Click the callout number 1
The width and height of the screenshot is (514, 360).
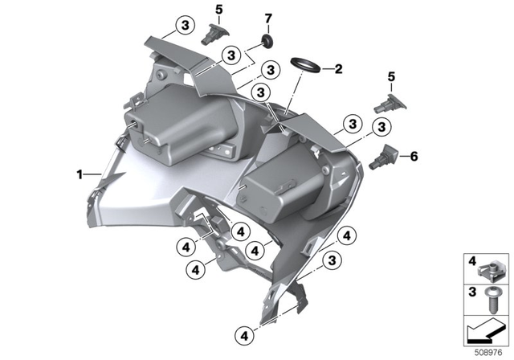[x=80, y=173]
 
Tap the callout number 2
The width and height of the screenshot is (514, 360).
[x=339, y=69]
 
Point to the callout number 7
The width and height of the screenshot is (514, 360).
[x=269, y=17]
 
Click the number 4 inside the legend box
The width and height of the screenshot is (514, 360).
[x=473, y=260]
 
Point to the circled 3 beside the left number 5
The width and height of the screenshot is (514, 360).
[x=186, y=27]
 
